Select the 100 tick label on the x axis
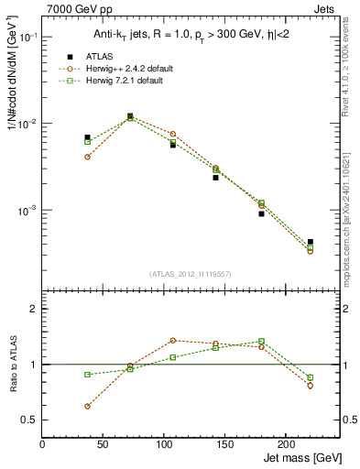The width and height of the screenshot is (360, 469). [164, 444]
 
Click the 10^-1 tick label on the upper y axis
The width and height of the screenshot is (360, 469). [27, 38]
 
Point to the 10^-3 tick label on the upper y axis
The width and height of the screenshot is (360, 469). [27, 211]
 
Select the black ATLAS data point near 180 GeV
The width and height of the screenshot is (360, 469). [261, 213]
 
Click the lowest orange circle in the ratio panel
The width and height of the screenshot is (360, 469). [87, 406]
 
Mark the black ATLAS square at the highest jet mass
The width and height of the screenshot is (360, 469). [310, 242]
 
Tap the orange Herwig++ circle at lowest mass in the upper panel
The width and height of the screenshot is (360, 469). [87, 157]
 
